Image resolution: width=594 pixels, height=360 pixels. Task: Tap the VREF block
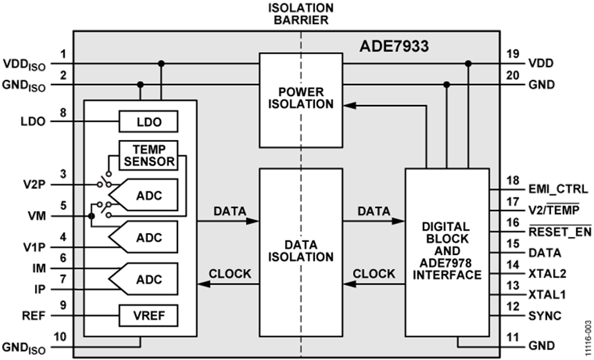click(148, 316)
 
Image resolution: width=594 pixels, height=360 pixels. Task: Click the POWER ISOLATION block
click(300, 99)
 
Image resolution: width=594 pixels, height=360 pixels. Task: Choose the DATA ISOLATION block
click(300, 251)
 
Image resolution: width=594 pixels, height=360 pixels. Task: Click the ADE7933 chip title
click(394, 47)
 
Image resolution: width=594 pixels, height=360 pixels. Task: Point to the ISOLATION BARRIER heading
click(300, 13)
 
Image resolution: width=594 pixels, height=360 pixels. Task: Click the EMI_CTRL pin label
click(558, 190)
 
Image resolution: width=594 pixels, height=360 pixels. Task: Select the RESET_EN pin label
click(560, 232)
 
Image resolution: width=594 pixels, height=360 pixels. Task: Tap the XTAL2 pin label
click(547, 273)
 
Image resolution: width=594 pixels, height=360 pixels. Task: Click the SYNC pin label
click(544, 316)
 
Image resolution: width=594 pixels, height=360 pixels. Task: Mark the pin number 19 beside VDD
click(512, 54)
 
